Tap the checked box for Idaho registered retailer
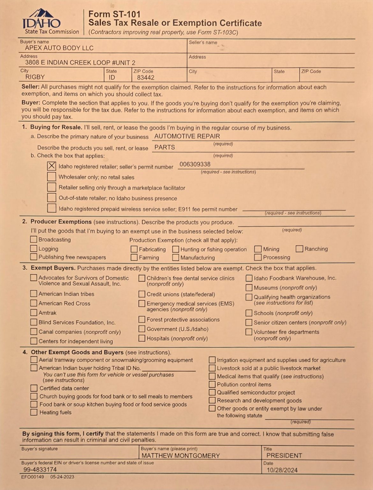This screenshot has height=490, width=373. tap(51, 166)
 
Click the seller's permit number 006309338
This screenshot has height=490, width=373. tap(195, 164)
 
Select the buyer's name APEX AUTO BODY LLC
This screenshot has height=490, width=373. tap(59, 48)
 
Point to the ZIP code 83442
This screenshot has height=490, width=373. tap(146, 78)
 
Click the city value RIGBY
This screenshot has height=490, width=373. tap(35, 77)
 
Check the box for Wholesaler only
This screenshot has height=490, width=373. tap(51, 177)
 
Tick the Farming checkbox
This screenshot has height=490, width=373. tap(134, 257)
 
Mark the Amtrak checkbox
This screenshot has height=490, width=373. tap(34, 313)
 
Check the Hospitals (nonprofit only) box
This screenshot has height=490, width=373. tap(142, 338)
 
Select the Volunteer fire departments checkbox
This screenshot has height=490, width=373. tap(249, 332)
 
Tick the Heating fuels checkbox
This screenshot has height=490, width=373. tap(34, 412)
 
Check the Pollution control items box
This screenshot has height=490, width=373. tap(212, 384)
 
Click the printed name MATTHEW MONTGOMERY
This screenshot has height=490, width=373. tap(181, 456)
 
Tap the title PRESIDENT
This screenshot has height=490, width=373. tap(284, 456)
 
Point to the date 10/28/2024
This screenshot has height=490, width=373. tap(282, 470)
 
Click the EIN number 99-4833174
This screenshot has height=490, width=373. tap(40, 470)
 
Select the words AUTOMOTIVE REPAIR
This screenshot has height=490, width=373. tap(187, 136)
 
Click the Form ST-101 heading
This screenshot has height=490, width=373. tap(114, 14)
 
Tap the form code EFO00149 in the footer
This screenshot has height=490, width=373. tap(33, 477)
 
